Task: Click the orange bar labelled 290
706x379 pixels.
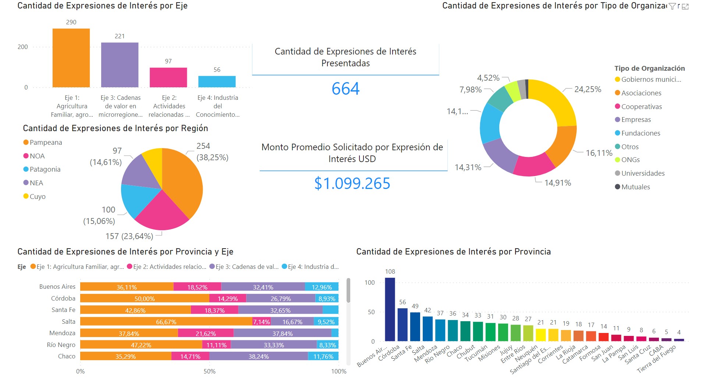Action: point(71,58)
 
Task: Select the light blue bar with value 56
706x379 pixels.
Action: point(217,81)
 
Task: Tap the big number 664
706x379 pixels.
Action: point(345,89)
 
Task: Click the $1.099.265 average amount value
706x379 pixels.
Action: point(352,183)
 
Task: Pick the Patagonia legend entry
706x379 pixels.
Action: point(45,169)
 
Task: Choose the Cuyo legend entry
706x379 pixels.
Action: point(37,197)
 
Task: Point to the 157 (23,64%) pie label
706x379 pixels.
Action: point(129,236)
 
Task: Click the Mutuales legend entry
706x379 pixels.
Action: point(635,187)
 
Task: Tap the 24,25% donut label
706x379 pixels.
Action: point(588,90)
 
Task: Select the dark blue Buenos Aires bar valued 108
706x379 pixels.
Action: point(390,309)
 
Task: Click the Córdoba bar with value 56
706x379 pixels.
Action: point(402,324)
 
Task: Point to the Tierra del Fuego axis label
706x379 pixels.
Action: point(656,359)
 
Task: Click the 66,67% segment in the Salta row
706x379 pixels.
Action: point(166,322)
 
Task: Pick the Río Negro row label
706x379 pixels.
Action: point(61,345)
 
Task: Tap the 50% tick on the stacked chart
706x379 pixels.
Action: point(209,371)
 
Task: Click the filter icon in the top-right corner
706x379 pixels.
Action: point(672,6)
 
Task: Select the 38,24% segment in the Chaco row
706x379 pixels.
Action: point(258,357)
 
